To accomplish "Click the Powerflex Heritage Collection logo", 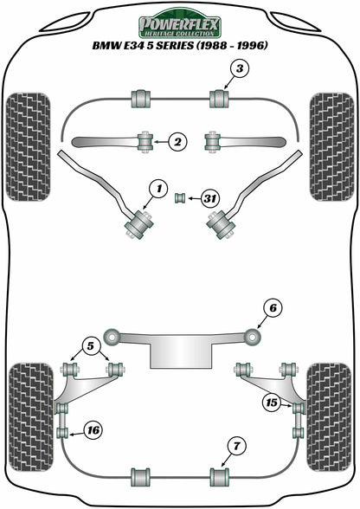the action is tap(180, 23).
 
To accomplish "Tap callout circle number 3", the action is tap(239, 69).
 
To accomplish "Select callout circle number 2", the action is tap(178, 142).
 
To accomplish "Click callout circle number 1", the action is tap(158, 189).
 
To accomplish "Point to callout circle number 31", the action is tap(210, 198).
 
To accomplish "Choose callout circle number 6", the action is tap(273, 308).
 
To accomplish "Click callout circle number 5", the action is tap(90, 346).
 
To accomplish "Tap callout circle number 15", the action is tap(272, 403).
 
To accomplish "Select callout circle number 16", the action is tap(93, 430).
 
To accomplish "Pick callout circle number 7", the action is tap(236, 447).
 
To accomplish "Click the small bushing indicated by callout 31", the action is tap(179, 198).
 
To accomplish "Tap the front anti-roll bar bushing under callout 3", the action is tap(219, 99).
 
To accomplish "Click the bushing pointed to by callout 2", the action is tap(145, 142).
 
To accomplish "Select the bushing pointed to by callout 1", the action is tap(139, 224).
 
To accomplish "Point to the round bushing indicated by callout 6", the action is tap(253, 337).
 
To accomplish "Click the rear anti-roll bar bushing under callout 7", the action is tap(219, 477).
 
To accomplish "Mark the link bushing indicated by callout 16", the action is tap(62, 433).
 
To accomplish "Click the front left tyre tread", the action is tap(28, 147).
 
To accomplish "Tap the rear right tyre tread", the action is tap(329, 417).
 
